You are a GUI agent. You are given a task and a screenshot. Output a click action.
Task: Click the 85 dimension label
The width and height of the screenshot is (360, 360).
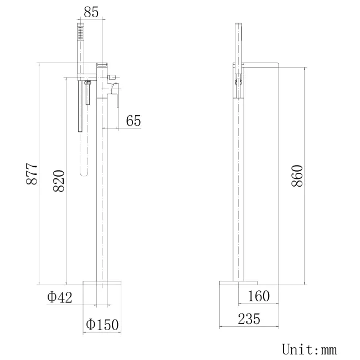click(x=91, y=12)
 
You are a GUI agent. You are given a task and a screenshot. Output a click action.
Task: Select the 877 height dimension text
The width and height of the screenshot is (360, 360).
click(x=32, y=174)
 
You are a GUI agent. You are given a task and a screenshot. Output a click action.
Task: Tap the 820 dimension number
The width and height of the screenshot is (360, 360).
click(x=59, y=181)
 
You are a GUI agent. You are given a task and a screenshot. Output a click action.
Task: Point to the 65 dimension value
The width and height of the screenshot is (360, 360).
click(x=133, y=121)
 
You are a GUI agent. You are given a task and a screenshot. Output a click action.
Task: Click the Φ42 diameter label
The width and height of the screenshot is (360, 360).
click(x=60, y=297)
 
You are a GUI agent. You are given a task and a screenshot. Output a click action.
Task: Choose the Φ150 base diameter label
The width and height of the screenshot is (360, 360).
click(x=102, y=324)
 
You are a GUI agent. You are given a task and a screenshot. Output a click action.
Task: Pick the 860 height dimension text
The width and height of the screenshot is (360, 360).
click(x=297, y=176)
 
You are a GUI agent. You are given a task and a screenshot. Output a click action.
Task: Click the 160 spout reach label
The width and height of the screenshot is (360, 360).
click(x=259, y=296)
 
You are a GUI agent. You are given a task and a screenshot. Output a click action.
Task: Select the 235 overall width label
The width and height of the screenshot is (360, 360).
click(x=249, y=319)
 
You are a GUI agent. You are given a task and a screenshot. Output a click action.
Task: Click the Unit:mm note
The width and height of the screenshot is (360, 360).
click(x=310, y=349)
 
